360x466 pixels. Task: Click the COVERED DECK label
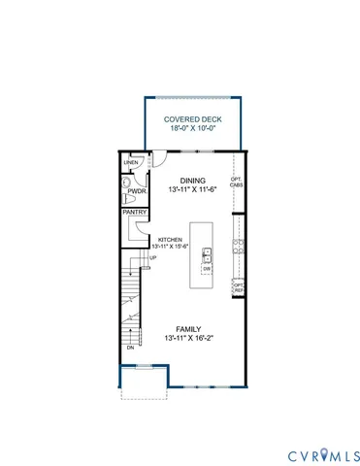click(x=189, y=120)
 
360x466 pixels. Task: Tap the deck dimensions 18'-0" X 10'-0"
click(x=189, y=132)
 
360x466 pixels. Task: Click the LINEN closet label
click(x=131, y=161)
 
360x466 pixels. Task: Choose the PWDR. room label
click(x=133, y=192)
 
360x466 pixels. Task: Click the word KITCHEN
click(x=171, y=239)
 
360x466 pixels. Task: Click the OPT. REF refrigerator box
click(x=237, y=286)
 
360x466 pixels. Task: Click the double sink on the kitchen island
click(x=208, y=255)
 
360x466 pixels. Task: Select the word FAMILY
click(x=189, y=328)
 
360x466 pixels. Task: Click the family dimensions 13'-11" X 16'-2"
click(x=189, y=339)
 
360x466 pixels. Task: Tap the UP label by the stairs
click(x=151, y=257)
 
